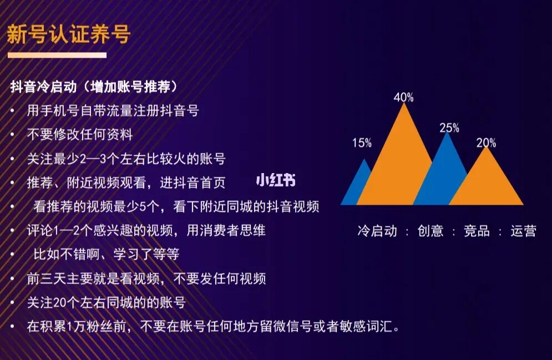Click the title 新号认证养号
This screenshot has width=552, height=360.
(x=69, y=34)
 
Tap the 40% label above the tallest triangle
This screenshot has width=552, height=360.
(x=403, y=97)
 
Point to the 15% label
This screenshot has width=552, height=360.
(x=362, y=143)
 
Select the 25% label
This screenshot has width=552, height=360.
(x=449, y=128)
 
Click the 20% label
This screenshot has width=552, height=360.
(x=486, y=143)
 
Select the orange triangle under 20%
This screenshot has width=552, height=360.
(x=487, y=180)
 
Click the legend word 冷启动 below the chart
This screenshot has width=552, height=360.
(x=377, y=231)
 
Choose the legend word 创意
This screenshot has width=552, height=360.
(x=430, y=231)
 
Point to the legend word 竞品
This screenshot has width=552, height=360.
(x=477, y=231)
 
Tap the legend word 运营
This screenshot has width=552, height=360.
(x=524, y=231)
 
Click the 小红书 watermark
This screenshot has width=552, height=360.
(x=276, y=180)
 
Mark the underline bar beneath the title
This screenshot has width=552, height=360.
(x=57, y=55)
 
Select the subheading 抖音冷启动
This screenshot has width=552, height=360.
(x=44, y=87)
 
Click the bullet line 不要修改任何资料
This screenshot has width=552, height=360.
(x=80, y=134)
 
